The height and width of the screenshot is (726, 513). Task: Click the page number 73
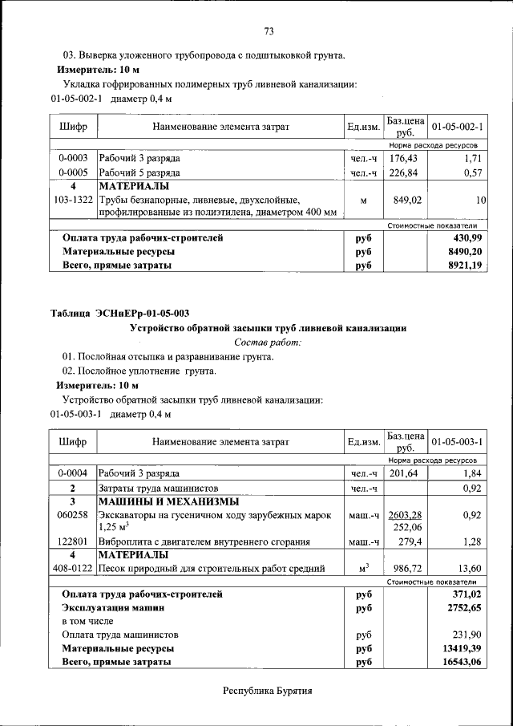[x=269, y=31]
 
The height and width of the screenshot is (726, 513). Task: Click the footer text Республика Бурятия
[x=267, y=691]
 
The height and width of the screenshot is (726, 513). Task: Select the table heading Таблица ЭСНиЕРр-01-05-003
[x=120, y=313]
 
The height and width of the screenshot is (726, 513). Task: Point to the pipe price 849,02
[x=404, y=199]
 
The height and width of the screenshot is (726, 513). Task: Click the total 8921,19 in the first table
[x=466, y=265]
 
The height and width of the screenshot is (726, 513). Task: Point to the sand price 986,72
[x=404, y=568]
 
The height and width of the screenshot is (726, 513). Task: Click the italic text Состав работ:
[x=268, y=342]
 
